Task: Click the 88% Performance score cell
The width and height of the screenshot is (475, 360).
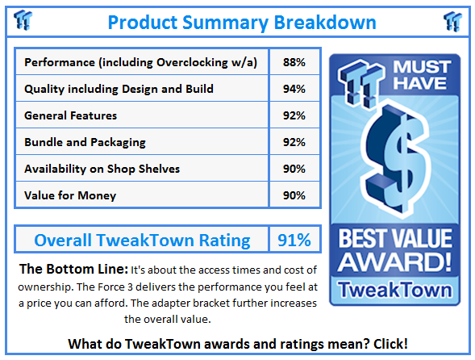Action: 294,62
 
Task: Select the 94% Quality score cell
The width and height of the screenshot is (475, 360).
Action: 294,89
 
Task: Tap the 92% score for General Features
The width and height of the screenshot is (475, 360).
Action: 294,115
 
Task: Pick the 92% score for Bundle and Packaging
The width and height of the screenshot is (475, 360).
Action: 294,142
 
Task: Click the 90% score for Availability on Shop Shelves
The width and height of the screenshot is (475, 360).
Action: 294,169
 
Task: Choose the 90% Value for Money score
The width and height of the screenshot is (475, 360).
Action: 294,195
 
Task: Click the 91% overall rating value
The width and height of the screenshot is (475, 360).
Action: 294,241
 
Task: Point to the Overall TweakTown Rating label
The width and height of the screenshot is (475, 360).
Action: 143,241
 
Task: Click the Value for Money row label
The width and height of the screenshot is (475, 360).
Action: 70,195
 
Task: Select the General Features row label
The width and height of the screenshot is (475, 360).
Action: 71,115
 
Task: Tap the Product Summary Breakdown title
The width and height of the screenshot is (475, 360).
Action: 242,23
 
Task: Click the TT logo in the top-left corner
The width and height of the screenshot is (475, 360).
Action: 23,20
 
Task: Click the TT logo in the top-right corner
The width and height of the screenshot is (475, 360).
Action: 452,21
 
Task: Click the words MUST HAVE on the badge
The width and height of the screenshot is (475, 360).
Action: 422,75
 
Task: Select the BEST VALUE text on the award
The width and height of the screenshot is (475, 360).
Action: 395,239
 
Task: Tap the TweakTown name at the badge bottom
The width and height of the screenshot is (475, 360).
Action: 395,290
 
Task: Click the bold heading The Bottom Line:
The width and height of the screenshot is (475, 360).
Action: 73,269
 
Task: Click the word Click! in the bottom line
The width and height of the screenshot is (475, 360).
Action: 390,344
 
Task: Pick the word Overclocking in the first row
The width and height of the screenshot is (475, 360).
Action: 192,62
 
